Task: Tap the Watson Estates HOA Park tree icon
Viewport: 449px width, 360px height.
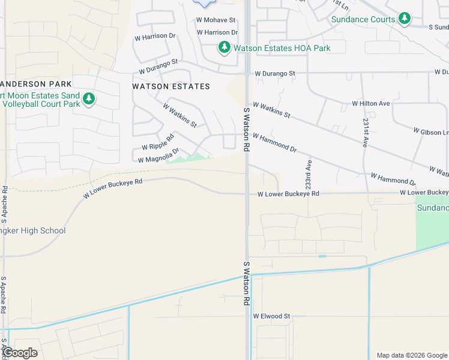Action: click(x=224, y=47)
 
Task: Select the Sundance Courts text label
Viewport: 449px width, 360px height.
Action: click(x=364, y=19)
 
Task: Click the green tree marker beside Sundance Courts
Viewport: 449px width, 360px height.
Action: click(x=405, y=19)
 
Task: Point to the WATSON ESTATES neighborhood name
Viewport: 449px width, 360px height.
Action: click(x=171, y=86)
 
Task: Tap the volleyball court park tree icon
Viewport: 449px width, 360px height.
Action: click(x=89, y=98)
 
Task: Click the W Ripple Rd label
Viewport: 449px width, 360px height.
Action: click(x=157, y=146)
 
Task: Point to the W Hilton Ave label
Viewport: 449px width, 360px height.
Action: click(x=371, y=103)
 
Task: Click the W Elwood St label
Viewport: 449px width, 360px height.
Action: click(x=271, y=316)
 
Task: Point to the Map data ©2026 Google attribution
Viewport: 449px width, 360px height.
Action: click(x=411, y=355)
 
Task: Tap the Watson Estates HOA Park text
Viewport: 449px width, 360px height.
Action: click(x=282, y=47)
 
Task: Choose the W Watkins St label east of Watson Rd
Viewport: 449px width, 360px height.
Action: click(x=271, y=110)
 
